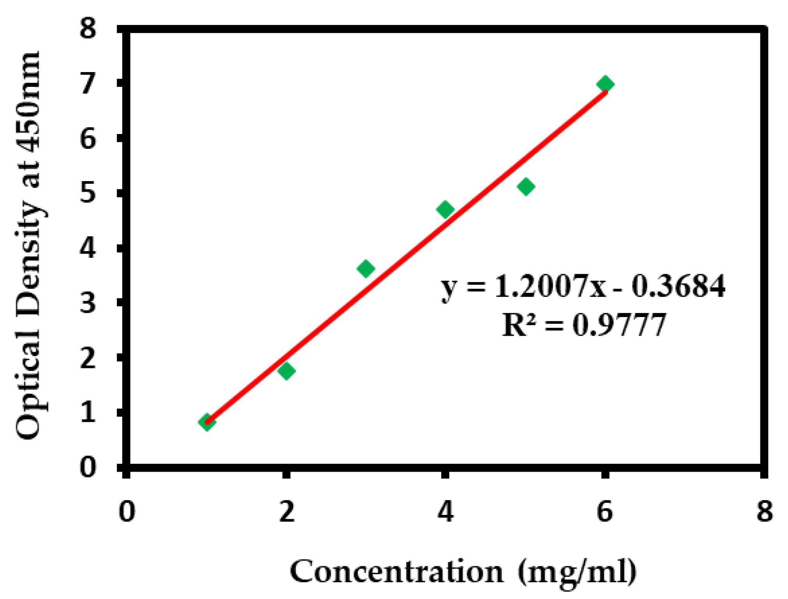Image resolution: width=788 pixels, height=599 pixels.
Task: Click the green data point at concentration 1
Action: pyautogui.click(x=207, y=422)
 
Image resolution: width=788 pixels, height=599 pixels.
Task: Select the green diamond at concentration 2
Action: pyautogui.click(x=286, y=370)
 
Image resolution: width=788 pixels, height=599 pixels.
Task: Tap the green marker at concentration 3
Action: pyautogui.click(x=366, y=268)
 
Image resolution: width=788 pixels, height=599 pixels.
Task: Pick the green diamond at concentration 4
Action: pyautogui.click(x=445, y=210)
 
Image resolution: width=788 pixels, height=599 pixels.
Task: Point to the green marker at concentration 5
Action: pyautogui.click(x=526, y=186)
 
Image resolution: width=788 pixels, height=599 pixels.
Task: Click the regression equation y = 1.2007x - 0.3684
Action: pyautogui.click(x=583, y=286)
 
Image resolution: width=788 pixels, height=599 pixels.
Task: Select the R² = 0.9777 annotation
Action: pyautogui.click(x=584, y=324)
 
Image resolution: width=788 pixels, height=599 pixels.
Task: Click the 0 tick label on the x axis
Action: pyautogui.click(x=127, y=511)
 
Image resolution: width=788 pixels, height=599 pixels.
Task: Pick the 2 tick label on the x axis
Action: pyautogui.click(x=287, y=511)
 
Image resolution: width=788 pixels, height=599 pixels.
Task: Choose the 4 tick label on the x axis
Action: pyautogui.click(x=445, y=511)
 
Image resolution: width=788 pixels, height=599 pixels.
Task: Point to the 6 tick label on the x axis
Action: pyautogui.click(x=605, y=511)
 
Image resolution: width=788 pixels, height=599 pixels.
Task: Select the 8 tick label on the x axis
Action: pyautogui.click(x=764, y=511)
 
